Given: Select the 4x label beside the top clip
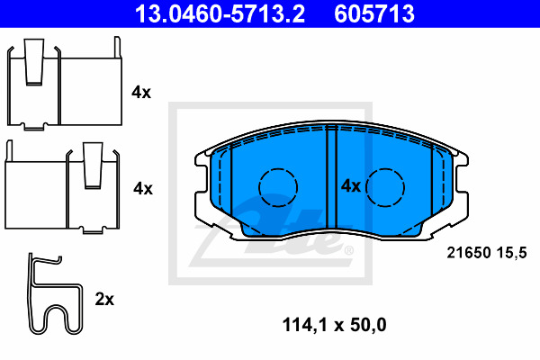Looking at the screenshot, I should point(141,92).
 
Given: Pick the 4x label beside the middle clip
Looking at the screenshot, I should point(142,188).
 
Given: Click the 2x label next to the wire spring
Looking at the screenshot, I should point(104,299).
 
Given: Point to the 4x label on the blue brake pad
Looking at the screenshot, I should point(349,186).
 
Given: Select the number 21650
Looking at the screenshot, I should point(467,255).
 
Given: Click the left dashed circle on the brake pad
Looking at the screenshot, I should point(277,186).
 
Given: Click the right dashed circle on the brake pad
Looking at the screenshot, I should point(387,186).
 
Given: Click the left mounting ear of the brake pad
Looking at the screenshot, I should point(201,189).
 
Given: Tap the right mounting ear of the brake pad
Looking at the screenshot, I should point(463,189).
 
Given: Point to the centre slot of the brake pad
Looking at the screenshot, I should point(330,180).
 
